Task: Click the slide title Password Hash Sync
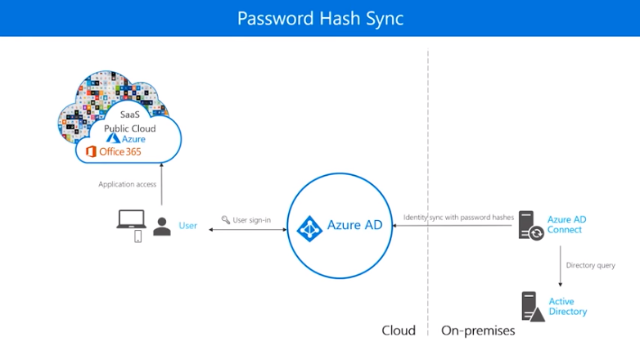coord(320,18)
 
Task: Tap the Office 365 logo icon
coord(91,151)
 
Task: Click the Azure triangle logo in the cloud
coord(113,138)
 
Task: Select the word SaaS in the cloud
coord(130,115)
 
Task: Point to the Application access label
coord(128,184)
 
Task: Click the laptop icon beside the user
coord(131,219)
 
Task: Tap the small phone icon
coord(138,236)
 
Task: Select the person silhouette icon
coord(162,227)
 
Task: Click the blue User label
coord(187,226)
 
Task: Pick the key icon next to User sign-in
coord(225,219)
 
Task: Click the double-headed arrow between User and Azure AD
coord(248,230)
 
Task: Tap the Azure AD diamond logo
coord(309,228)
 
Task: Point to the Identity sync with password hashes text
coord(458,218)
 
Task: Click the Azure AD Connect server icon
coord(530,225)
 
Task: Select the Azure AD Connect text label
coord(566,224)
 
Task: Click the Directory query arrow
coord(561,266)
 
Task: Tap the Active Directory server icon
coord(533,307)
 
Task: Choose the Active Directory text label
coord(567,307)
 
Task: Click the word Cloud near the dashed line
coord(399,331)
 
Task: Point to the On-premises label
coord(478,331)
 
